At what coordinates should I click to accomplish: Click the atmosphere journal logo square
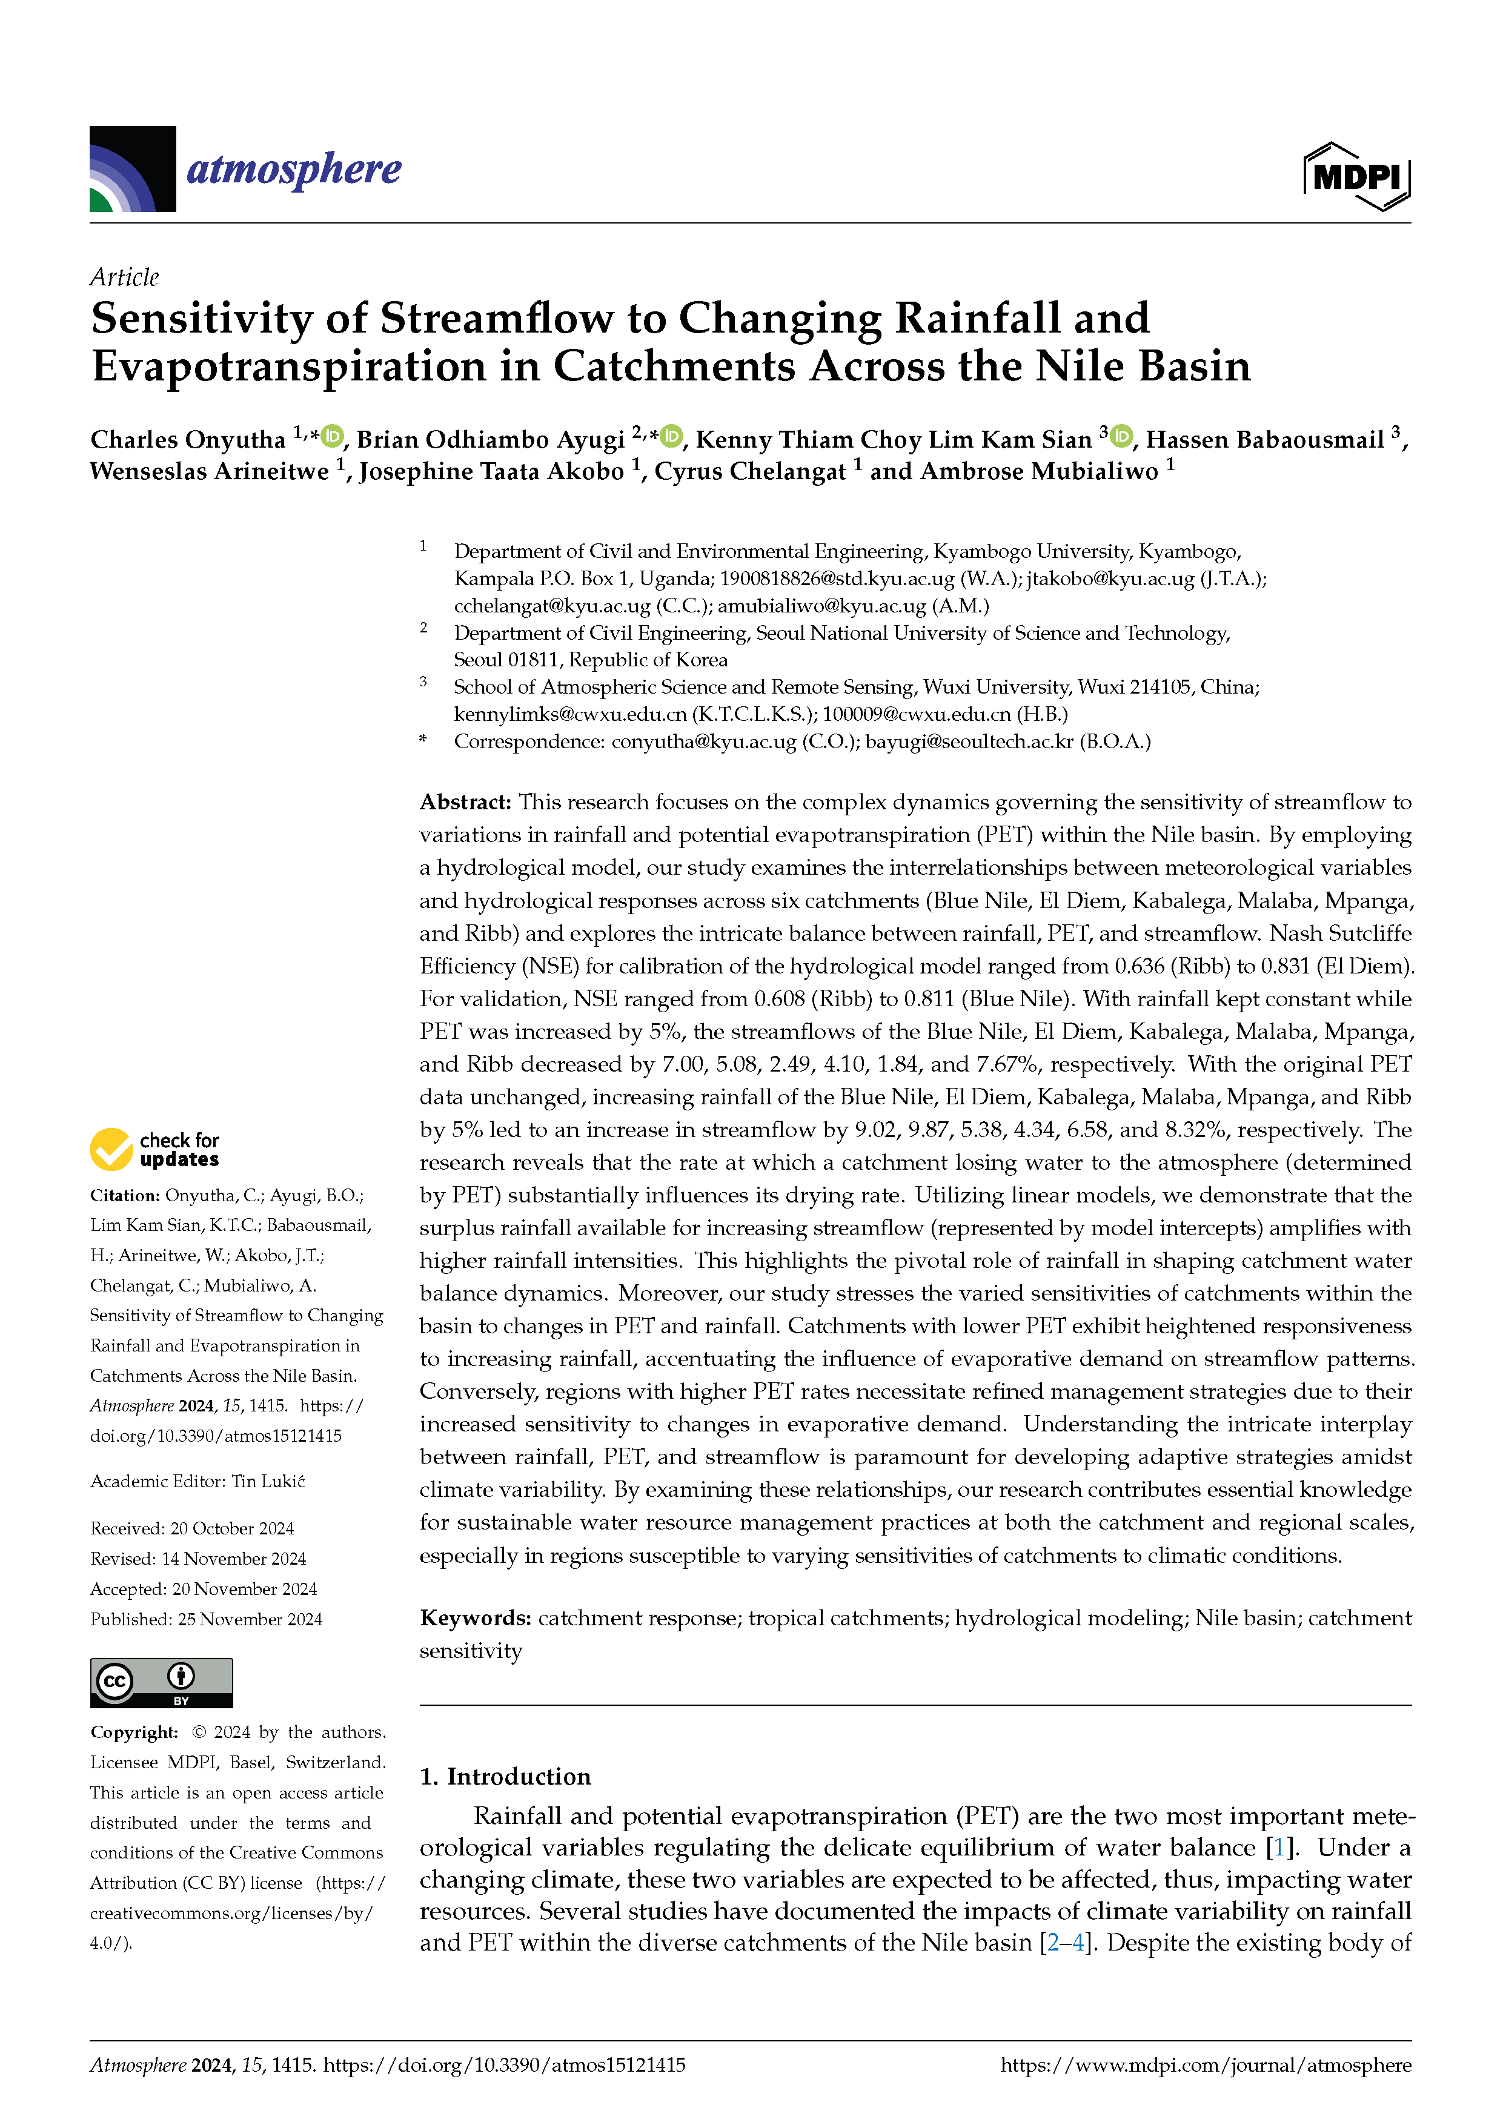tap(132, 168)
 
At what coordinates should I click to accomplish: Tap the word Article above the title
tap(124, 277)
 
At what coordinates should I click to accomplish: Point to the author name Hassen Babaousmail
tap(1264, 440)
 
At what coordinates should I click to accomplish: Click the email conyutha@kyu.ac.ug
tap(703, 741)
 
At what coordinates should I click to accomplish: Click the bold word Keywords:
tap(475, 1618)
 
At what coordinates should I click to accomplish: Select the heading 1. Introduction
tap(505, 1776)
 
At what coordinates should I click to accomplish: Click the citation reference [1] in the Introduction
tap(1279, 1848)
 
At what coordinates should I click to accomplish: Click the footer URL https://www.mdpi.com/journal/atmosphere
tap(1205, 2065)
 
